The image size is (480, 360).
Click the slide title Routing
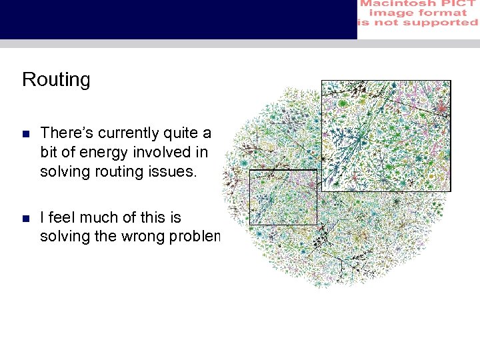(56, 79)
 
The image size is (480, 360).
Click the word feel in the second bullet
(63, 217)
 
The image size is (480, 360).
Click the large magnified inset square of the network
(385, 135)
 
